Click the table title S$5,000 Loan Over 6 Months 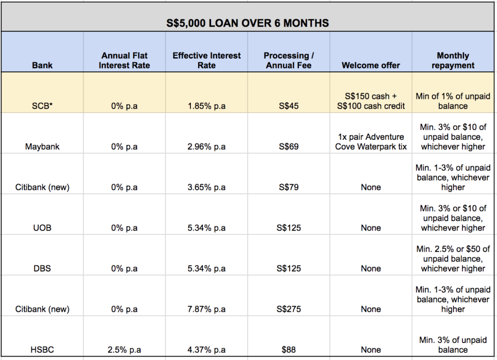248,22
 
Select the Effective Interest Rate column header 206,60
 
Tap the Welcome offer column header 371,65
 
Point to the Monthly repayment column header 453,60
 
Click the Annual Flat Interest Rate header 124,60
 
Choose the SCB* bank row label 42,106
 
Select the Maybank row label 42,147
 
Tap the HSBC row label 42,349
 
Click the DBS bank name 42,268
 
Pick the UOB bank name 42,228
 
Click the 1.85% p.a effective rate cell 206,106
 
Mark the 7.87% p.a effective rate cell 206,309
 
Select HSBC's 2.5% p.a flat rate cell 124,349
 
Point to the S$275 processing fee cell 288,309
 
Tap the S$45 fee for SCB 288,106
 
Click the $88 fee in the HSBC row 288,349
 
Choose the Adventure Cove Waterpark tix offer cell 371,142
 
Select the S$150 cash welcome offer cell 371,101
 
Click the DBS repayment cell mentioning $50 453,259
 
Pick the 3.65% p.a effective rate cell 206,187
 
